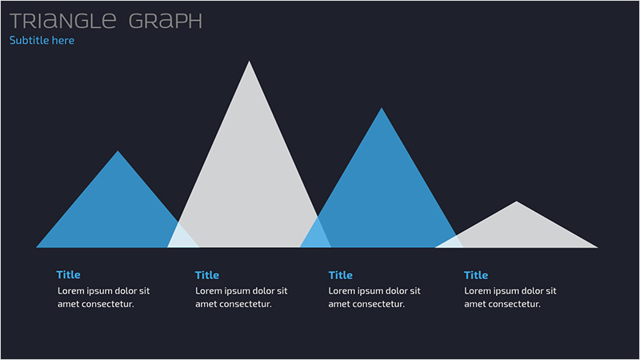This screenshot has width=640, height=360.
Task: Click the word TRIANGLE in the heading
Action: pyautogui.click(x=63, y=21)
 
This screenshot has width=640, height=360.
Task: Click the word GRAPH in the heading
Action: pyautogui.click(x=166, y=21)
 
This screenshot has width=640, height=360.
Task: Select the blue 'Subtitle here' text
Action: pyautogui.click(x=42, y=41)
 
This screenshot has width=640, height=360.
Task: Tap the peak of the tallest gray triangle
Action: pyautogui.click(x=249, y=62)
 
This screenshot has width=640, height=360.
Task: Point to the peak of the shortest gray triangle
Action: pyautogui.click(x=516, y=202)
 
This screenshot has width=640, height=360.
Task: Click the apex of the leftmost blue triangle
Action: pyautogui.click(x=118, y=151)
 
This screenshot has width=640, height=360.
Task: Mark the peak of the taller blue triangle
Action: pyautogui.click(x=382, y=108)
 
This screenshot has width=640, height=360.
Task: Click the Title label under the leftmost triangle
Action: pyautogui.click(x=69, y=274)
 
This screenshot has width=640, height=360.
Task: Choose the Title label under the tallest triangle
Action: pyautogui.click(x=207, y=275)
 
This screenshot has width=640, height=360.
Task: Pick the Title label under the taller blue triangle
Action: pyautogui.click(x=341, y=275)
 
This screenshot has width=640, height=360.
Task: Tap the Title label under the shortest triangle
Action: pyautogui.click(x=476, y=275)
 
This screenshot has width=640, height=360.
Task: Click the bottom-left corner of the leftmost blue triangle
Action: pyautogui.click(x=36, y=247)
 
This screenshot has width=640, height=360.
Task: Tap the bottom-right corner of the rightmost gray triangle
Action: pyautogui.click(x=598, y=247)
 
